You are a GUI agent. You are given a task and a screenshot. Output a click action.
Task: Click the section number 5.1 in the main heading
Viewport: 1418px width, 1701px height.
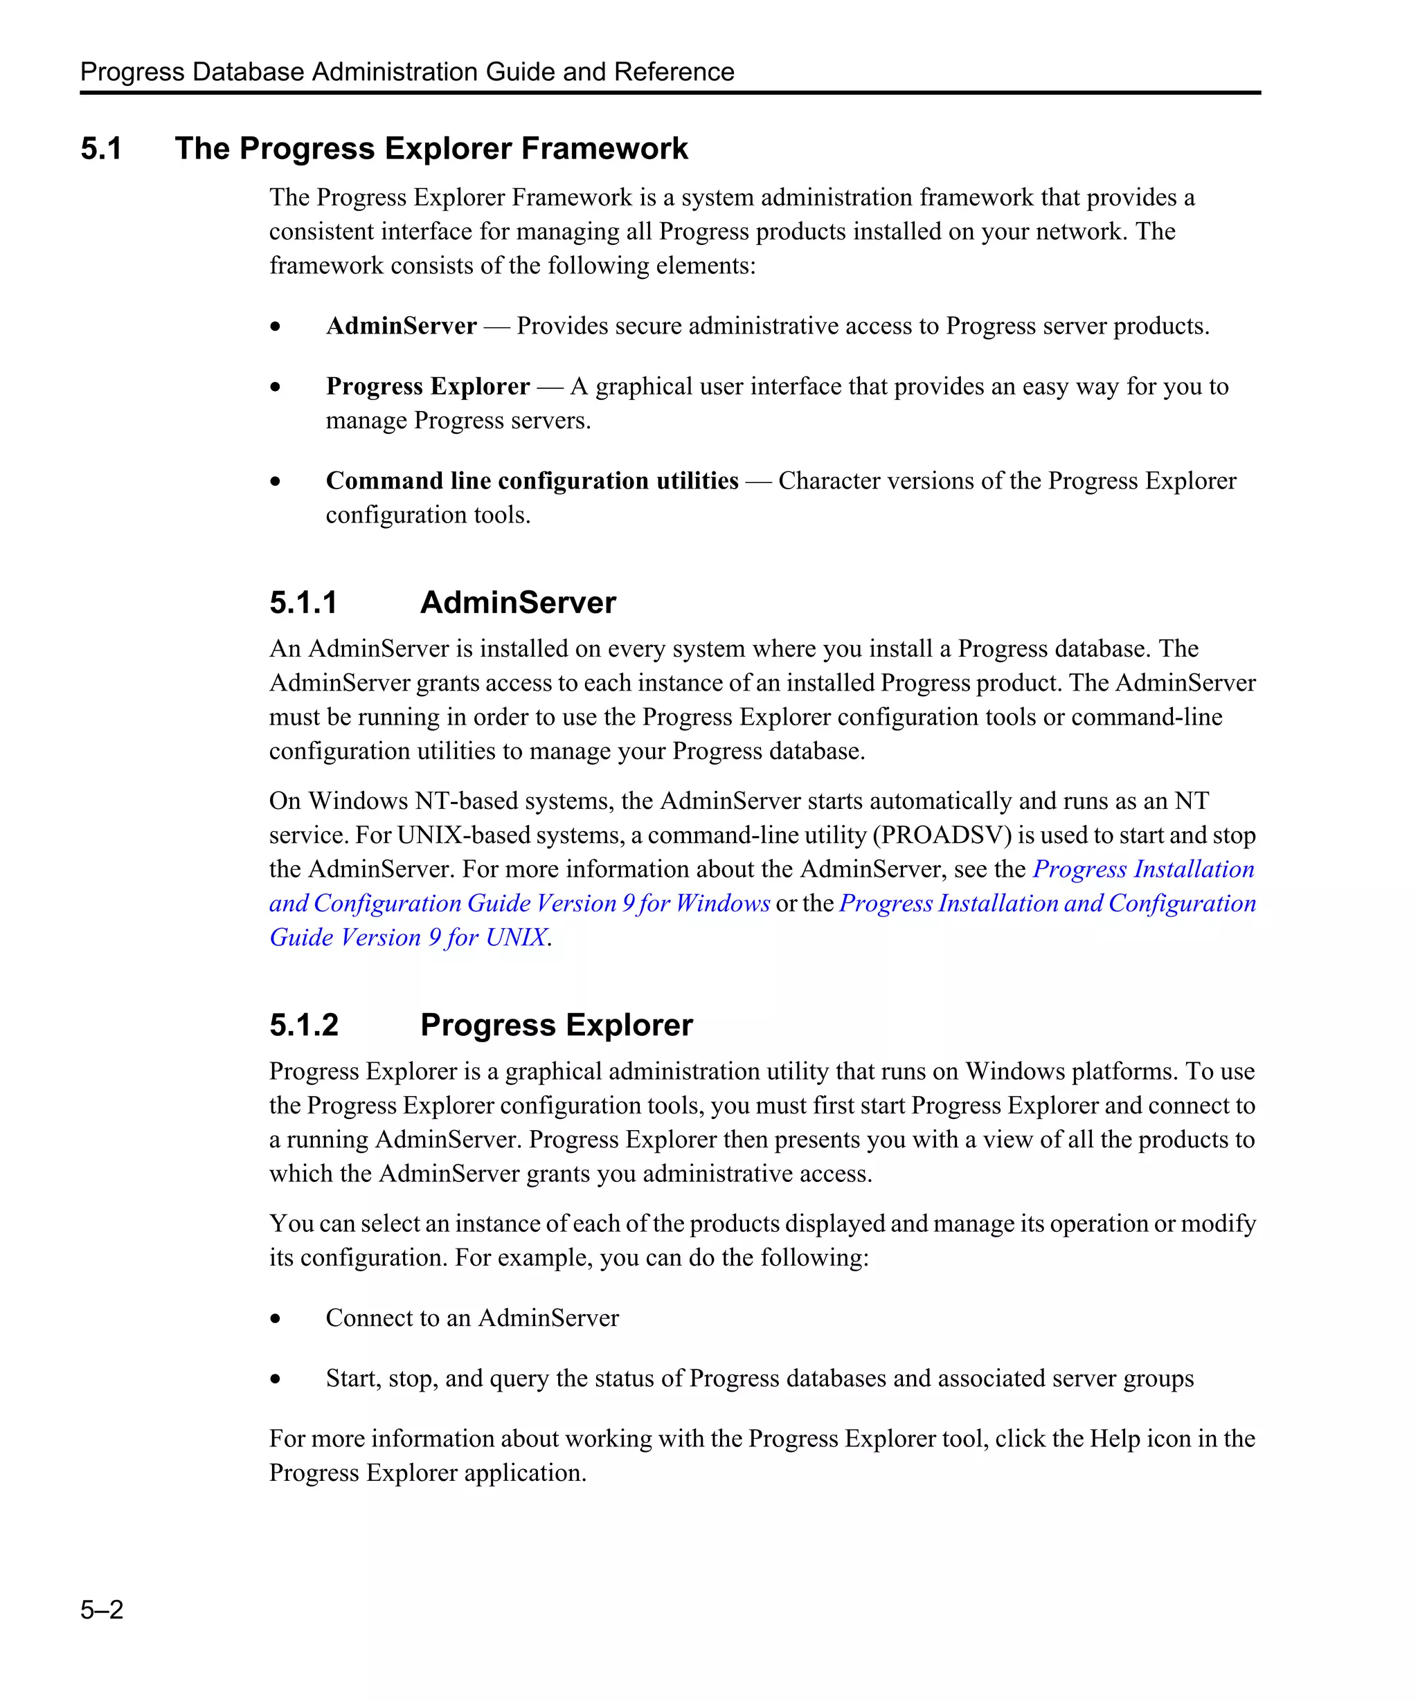pos(101,149)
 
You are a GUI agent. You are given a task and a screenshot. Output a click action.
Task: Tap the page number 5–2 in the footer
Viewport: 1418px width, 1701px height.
pos(102,1609)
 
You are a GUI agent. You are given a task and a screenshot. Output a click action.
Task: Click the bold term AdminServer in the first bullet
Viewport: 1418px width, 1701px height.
pos(401,327)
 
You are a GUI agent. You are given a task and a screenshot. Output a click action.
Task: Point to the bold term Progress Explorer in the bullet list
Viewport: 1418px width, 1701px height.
pos(428,386)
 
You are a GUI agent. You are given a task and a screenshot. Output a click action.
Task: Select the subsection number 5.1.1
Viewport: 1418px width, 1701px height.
pos(303,603)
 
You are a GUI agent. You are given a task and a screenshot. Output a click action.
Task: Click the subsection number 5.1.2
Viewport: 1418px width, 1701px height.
pos(304,1026)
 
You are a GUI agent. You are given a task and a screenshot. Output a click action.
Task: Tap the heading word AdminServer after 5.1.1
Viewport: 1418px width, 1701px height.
pos(518,603)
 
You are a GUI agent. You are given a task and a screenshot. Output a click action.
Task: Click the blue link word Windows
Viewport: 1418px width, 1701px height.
pos(723,903)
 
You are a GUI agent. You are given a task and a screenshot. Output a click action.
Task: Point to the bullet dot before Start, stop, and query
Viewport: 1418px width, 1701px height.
pos(276,1379)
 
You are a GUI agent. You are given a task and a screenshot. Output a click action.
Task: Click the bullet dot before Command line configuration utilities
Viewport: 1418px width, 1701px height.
pos(276,481)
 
